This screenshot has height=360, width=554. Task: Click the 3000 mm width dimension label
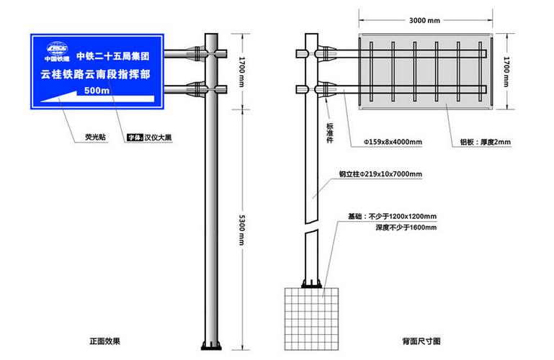pos(424,20)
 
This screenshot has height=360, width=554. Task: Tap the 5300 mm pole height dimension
pos(241,230)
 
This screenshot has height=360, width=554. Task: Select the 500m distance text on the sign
pos(97,90)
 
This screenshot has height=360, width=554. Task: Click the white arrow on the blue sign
pos(97,97)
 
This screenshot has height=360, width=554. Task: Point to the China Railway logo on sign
pos(57,52)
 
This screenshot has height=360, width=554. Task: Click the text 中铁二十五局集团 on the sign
pos(113,56)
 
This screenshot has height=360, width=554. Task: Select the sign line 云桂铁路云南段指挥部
pos(95,74)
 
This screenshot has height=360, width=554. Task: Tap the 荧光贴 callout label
pos(95,137)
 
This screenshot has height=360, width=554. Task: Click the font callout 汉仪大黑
pos(158,138)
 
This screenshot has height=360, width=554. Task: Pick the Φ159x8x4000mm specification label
pos(393,142)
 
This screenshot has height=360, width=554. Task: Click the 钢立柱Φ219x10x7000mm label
pos(380,174)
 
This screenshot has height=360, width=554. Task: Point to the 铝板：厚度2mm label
pos(485,142)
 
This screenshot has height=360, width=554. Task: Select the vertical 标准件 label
pos(330,132)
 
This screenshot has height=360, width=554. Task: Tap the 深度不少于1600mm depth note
pos(406,228)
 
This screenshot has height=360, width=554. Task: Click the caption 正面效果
pos(105,341)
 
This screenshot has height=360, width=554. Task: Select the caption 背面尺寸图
pos(421,341)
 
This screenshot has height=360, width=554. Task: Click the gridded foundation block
pos(311,319)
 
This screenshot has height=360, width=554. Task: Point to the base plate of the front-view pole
pos(211,346)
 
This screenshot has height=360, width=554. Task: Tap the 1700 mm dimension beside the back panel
pos(506,72)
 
